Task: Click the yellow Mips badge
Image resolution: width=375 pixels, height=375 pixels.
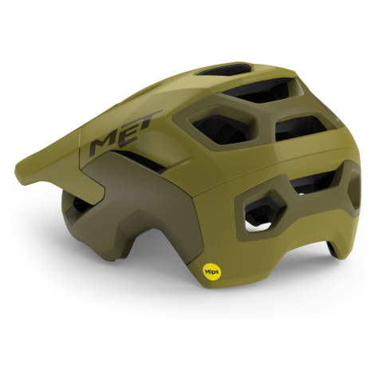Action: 212,271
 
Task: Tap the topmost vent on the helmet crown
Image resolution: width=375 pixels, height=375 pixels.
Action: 225,69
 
